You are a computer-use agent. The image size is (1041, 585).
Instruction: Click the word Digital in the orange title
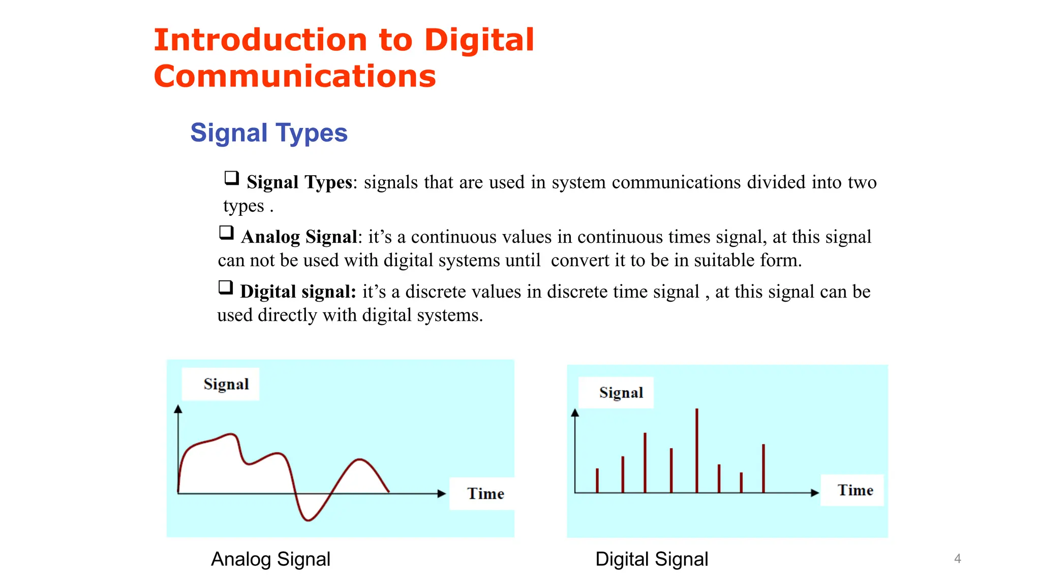[x=479, y=40]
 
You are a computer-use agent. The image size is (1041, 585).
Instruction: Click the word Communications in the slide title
[x=295, y=77]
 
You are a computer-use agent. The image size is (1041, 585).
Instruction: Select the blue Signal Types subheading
[x=269, y=133]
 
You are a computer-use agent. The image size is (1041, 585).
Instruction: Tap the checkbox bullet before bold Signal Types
[x=232, y=178]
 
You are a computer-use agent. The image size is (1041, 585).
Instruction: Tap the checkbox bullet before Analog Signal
[x=226, y=233]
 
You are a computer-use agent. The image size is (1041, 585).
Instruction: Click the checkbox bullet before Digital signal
[x=226, y=287]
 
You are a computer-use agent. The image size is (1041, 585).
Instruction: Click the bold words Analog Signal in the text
[x=299, y=237]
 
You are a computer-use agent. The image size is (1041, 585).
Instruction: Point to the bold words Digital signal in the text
[x=298, y=292]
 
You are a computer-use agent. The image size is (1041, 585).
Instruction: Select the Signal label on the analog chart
[x=226, y=384]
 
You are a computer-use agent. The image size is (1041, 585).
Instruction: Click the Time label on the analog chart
[x=485, y=494]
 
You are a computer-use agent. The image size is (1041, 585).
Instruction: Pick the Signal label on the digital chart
[x=621, y=393]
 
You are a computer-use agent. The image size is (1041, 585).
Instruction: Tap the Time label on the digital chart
[x=855, y=491]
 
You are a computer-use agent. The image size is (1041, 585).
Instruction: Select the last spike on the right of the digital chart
[x=763, y=467]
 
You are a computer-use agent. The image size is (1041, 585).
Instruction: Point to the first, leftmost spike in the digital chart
[x=597, y=480]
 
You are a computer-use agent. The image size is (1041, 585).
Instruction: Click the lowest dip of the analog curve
[x=309, y=519]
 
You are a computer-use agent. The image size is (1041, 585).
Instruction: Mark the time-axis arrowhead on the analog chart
[x=441, y=494]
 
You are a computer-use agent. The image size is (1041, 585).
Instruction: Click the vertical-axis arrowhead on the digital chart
[x=575, y=413]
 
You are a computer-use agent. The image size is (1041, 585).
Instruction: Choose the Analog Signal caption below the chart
[x=270, y=559]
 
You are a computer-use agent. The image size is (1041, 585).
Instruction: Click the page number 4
[x=958, y=559]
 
